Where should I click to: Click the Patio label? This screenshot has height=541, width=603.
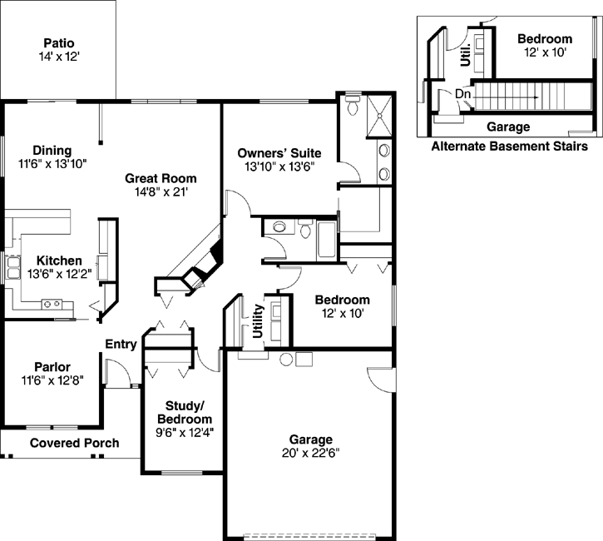pos(58,42)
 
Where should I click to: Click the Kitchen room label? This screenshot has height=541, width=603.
pos(54,261)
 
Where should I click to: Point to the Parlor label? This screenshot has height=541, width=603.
pos(52,366)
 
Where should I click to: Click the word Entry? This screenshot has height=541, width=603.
pos(121,345)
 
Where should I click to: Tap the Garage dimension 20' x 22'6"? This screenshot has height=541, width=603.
pos(310,453)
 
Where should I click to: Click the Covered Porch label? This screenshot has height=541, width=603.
pos(74,443)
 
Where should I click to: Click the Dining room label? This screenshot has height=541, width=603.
pos(52,150)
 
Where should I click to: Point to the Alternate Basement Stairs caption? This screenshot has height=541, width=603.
pos(509,146)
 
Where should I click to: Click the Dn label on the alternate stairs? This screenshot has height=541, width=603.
pos(463,94)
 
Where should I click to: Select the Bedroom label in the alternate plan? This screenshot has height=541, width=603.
pos(544,39)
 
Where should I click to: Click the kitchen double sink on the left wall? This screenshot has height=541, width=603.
pos(14,267)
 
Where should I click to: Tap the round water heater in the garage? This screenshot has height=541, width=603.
pos(287,360)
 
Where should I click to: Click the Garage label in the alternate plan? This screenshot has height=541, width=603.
pos(507,127)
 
